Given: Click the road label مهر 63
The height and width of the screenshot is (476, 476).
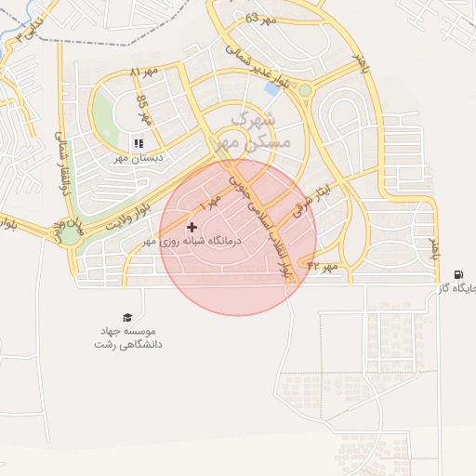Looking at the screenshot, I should pyautogui.click(x=262, y=18).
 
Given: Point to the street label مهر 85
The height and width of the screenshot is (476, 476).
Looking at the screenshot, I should pyautogui.click(x=143, y=109).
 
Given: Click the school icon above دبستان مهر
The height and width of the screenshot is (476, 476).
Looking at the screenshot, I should pyautogui.click(x=138, y=143).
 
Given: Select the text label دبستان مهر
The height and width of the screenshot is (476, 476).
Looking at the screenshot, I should pyautogui.click(x=139, y=158).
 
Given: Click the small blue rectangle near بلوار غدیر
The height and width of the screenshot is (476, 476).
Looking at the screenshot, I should pyautogui.click(x=272, y=88).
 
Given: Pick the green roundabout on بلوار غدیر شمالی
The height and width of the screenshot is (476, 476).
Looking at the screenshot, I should pyautogui.click(x=304, y=90).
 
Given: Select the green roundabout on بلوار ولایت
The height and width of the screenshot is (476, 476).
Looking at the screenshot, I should pyautogui.click(x=70, y=233).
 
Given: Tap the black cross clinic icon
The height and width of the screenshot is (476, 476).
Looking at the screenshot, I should pyautogui.click(x=192, y=227).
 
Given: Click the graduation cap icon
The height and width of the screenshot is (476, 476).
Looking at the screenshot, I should pyautogui.click(x=127, y=318).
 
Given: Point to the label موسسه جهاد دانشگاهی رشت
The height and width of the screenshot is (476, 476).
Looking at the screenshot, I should pyautogui.click(x=127, y=337).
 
